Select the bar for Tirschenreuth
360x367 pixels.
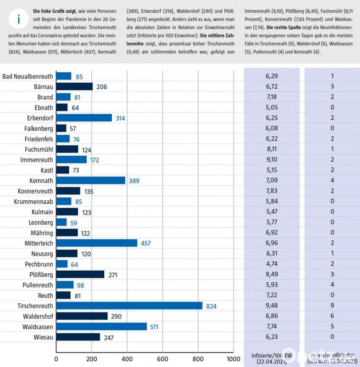[129, 306]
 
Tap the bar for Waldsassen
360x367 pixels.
[101, 326]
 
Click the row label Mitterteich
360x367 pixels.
[39, 243]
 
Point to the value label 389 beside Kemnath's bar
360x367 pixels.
[134, 180]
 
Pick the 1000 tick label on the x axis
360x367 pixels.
[233, 359]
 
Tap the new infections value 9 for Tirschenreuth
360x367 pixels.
[332, 306]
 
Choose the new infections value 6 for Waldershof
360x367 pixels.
[332, 316]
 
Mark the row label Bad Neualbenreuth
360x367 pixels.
[28, 76]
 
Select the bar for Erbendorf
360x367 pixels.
[84, 118]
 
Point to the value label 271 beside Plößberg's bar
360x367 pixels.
[112, 275]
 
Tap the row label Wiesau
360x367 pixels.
[42, 337]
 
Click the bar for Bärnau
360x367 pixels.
[75, 87]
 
